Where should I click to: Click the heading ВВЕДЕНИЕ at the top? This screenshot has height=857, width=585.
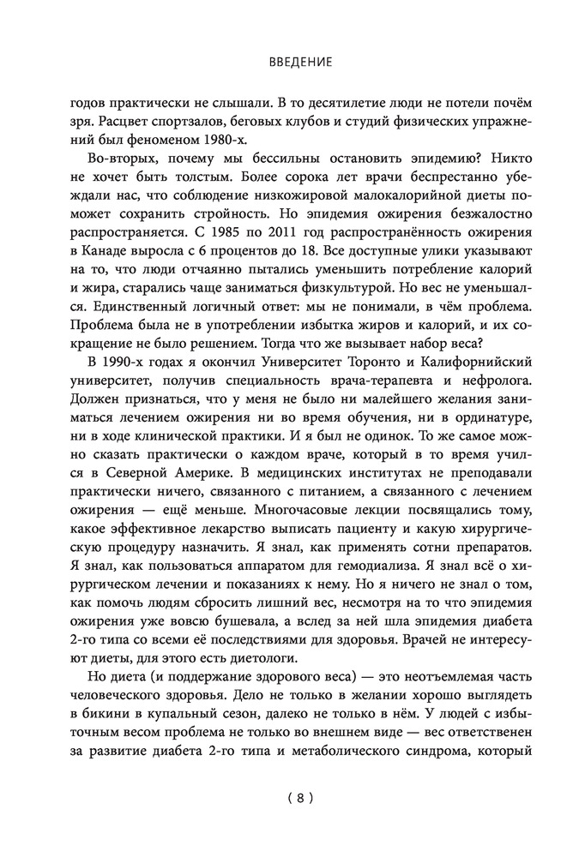(x=293, y=63)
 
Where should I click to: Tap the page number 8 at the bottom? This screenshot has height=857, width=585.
(x=292, y=799)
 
